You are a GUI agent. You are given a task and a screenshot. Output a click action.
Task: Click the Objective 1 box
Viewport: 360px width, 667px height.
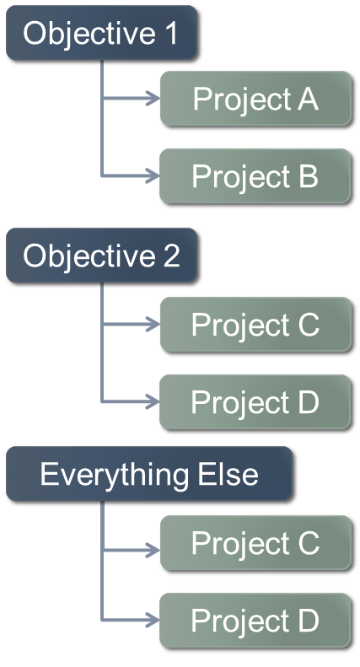101,33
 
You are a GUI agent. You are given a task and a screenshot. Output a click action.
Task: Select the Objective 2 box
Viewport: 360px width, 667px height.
101,256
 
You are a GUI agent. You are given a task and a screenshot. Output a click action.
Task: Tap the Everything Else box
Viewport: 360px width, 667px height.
149,473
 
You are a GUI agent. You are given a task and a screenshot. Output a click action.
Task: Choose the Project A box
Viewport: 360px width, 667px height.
255,99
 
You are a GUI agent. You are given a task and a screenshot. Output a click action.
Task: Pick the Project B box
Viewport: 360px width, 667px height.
255,175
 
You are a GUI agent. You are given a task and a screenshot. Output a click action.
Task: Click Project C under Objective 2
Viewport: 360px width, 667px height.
255,325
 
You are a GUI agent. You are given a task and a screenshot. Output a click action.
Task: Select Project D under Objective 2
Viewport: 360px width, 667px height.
255,402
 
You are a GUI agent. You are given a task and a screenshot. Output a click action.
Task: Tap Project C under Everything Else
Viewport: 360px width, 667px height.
255,543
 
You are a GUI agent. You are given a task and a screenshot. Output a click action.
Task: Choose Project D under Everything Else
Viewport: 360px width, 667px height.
255,621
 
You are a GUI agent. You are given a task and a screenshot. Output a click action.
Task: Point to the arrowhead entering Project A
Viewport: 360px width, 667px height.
153,99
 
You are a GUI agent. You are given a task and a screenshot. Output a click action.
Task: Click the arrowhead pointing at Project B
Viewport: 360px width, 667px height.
153,175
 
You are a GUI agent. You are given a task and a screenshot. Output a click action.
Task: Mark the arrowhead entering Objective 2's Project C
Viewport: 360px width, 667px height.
153,325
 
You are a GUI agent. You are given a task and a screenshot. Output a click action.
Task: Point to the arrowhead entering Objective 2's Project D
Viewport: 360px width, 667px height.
153,401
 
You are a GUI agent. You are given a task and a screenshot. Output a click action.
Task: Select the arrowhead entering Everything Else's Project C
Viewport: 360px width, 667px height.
153,551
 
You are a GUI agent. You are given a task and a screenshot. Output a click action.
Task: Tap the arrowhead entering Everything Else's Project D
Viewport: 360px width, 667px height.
153,620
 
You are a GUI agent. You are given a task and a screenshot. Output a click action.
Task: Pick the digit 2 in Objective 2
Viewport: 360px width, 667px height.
171,256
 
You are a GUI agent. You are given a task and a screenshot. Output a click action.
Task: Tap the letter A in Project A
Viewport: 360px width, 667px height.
308,100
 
